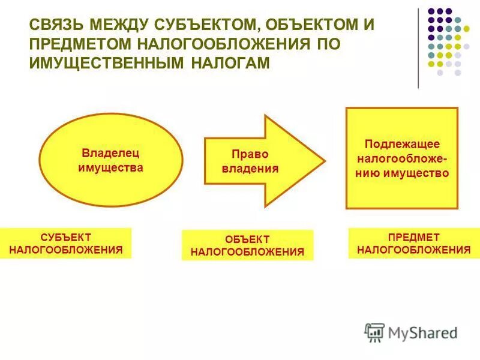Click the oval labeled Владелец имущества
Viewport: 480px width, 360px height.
click(110, 160)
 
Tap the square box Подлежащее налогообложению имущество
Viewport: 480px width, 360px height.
click(401, 158)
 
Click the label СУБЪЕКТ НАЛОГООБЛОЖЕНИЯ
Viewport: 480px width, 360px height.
click(66, 243)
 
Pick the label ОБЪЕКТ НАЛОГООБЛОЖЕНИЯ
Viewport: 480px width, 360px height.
click(247, 245)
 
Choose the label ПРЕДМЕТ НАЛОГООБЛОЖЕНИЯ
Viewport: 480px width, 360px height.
click(413, 243)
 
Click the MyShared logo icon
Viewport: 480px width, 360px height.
click(374, 331)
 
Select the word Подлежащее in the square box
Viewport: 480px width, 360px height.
click(402, 145)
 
